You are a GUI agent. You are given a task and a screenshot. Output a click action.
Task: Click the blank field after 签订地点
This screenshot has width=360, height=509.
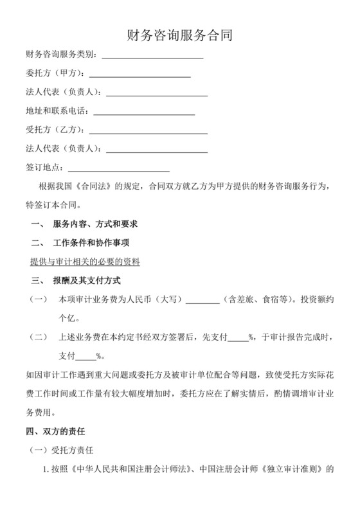coord(118,169)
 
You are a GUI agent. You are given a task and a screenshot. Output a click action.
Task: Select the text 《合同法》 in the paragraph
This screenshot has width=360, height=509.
coord(94,186)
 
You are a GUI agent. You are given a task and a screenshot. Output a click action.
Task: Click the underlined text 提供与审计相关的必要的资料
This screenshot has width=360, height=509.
coord(85,262)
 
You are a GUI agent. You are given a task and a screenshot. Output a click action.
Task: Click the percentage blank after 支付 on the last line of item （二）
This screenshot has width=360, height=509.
coord(86,357)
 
